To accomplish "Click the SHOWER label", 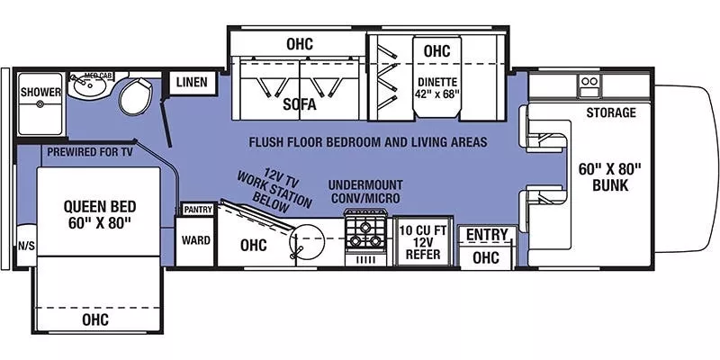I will (41, 92).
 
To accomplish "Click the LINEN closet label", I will (192, 83).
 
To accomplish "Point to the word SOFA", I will (300, 104).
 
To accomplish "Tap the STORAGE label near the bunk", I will (611, 112).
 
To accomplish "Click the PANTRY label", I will (197, 209).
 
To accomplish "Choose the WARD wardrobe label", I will (195, 240).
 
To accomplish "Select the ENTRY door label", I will (486, 235).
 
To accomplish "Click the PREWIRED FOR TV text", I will (90, 152).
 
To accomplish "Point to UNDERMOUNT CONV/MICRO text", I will (365, 191).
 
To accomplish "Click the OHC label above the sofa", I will (299, 42).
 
